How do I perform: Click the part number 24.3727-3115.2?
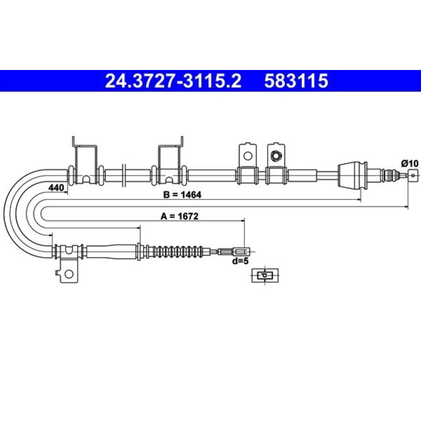[x=173, y=81]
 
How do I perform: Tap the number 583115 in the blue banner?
[x=296, y=81]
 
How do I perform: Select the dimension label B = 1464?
[x=182, y=195]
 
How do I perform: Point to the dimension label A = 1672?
[x=179, y=216]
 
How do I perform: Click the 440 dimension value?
[x=56, y=188]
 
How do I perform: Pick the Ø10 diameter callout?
[x=410, y=163]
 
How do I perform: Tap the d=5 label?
[x=241, y=261]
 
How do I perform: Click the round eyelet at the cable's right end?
[x=413, y=176]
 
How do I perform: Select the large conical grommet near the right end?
[x=352, y=176]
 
